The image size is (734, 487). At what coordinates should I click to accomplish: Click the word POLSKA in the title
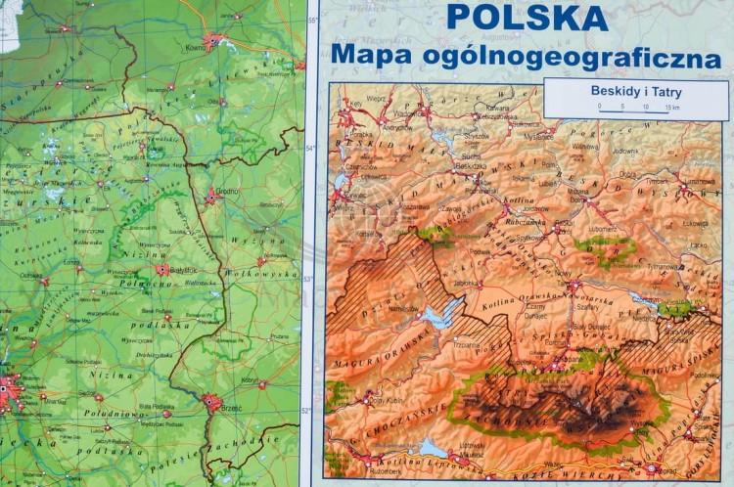tap(526, 17)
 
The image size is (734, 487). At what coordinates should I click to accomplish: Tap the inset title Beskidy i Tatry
tap(635, 92)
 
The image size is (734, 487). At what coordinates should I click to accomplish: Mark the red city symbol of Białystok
tap(161, 269)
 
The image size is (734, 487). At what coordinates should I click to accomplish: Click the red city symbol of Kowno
tap(210, 40)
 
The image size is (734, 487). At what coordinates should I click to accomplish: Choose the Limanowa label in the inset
tap(698, 182)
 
